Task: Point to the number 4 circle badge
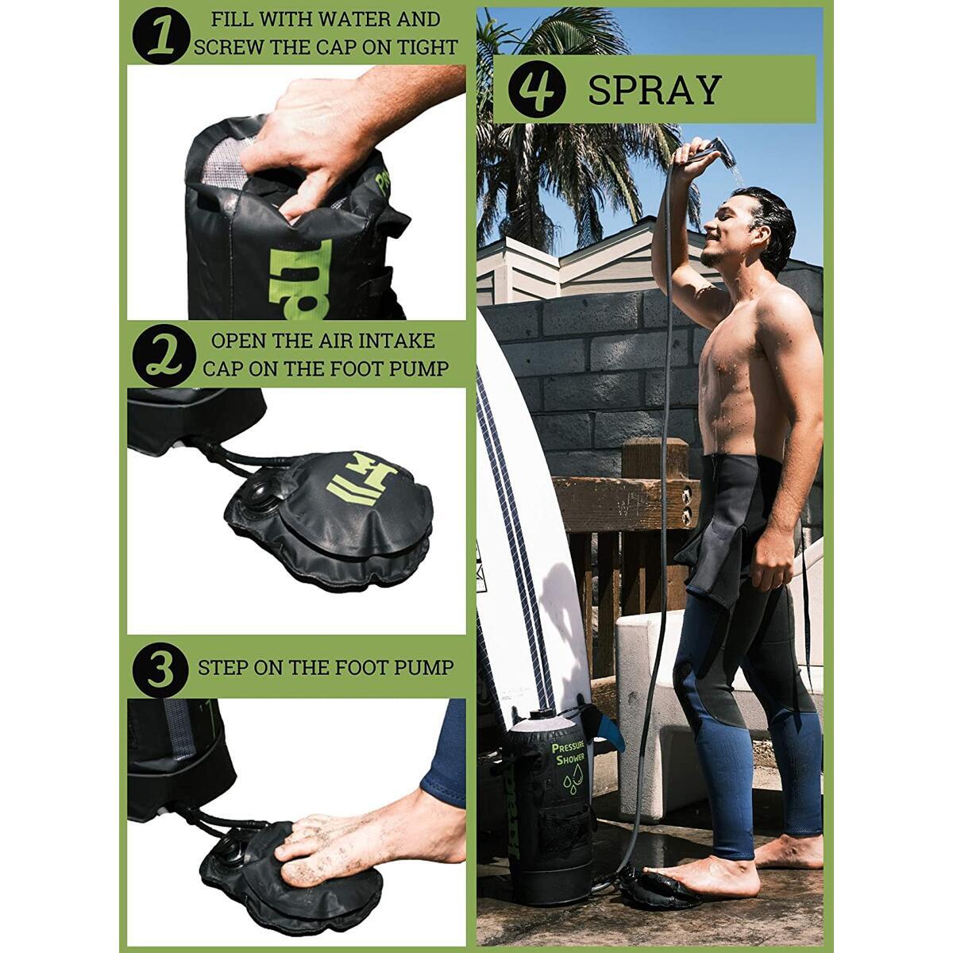(537, 89)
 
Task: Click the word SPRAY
(654, 90)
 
